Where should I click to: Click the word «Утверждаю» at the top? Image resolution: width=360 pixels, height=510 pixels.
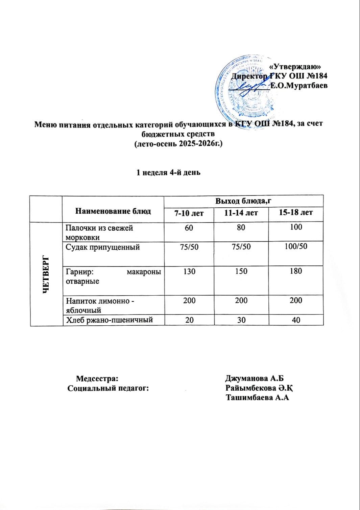point(297,67)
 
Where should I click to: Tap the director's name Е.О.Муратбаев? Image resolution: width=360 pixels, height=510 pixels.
point(298,86)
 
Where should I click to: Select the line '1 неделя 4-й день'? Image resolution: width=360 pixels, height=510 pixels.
point(168,172)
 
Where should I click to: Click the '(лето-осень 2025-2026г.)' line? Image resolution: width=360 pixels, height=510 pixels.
point(178,144)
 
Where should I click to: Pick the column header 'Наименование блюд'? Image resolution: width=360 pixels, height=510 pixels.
point(113,211)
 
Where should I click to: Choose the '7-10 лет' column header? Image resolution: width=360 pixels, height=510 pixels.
point(189,213)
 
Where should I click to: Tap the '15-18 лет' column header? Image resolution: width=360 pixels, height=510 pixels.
point(296,213)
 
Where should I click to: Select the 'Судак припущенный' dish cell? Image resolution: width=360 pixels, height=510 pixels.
point(103,247)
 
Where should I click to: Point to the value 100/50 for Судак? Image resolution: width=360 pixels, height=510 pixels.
point(296,247)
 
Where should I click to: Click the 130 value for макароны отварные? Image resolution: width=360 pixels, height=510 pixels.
point(189,271)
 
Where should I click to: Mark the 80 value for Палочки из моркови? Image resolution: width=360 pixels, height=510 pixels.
point(241,227)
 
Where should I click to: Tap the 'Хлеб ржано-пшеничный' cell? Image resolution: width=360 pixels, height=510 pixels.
point(110,320)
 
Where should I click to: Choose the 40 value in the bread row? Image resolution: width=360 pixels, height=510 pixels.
point(296,320)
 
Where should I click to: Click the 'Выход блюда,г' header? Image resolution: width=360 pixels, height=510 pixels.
point(244,201)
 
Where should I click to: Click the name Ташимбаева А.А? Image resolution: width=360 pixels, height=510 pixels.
point(258,398)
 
